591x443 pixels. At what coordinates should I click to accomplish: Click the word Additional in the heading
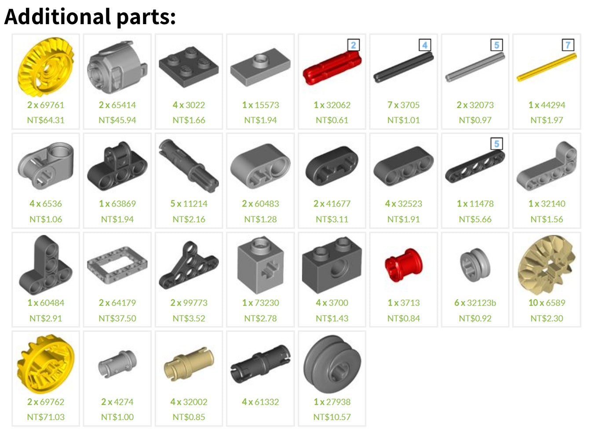click(x=58, y=17)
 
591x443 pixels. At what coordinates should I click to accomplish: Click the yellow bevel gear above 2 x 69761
click(x=46, y=67)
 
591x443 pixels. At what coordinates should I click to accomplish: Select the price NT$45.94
click(x=117, y=120)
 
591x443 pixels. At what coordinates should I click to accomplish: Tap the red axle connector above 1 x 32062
click(x=332, y=68)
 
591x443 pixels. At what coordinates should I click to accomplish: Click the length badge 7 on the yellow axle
click(x=568, y=45)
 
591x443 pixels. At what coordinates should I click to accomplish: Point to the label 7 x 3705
click(x=403, y=105)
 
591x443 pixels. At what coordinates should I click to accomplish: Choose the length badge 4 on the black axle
click(x=425, y=45)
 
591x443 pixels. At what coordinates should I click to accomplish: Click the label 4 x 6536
click(x=46, y=203)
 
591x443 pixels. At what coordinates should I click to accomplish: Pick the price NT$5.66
click(x=475, y=219)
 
